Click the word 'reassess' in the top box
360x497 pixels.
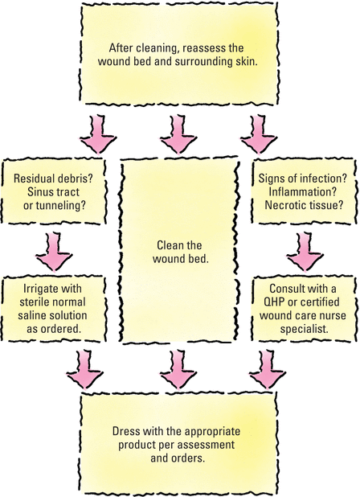[x=202, y=48]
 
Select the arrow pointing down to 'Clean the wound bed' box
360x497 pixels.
[x=178, y=134]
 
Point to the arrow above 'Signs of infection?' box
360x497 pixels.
[x=259, y=134]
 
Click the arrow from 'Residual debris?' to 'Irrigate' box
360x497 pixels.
[x=54, y=252]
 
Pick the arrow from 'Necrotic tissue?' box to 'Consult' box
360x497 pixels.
[x=305, y=252]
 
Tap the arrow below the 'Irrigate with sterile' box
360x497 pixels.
[x=84, y=369]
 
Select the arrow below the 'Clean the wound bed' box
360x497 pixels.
[x=178, y=369]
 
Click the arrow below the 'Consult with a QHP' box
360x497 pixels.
[x=268, y=369]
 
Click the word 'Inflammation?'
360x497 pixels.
[x=302, y=191]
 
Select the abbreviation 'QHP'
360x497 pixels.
[x=275, y=302]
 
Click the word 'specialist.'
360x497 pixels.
[x=304, y=329]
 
